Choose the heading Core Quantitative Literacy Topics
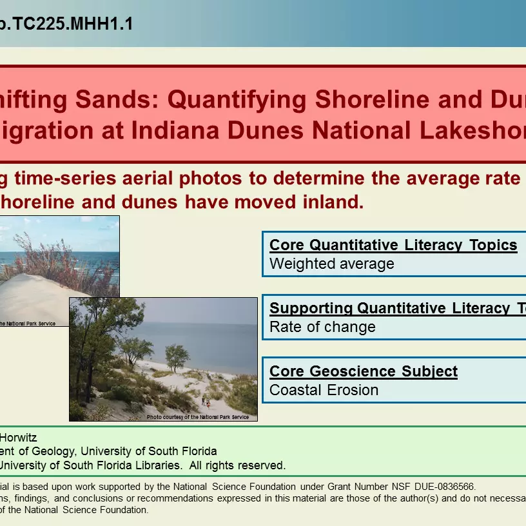point(393,245)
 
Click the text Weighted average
point(332,264)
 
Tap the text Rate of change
point(322,327)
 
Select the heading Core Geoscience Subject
point(364,371)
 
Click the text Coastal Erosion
point(324,390)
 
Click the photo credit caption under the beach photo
point(201,417)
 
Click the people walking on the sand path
point(206,403)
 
